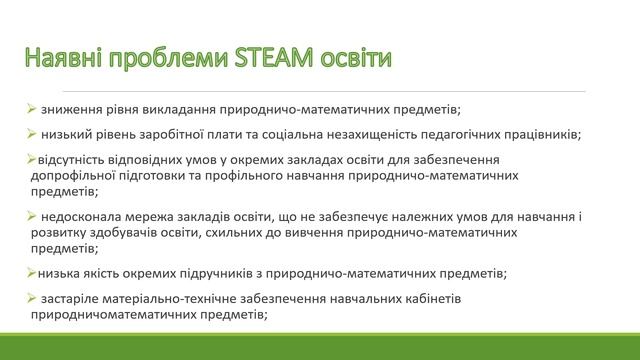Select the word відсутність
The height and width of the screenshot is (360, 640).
73,160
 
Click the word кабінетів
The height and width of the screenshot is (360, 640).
459,299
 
